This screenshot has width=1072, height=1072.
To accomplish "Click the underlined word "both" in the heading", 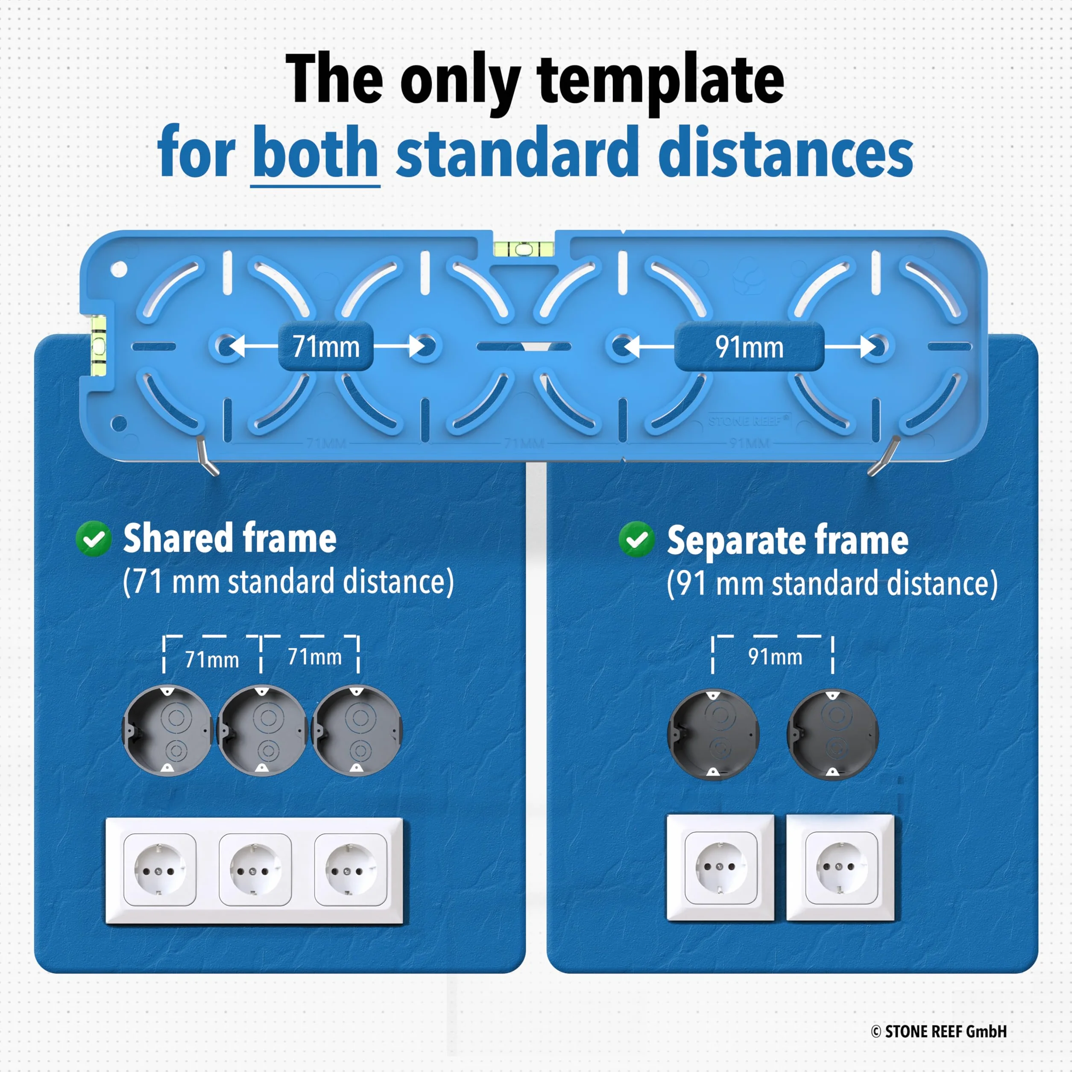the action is [x=315, y=151].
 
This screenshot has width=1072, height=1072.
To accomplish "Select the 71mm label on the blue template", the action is [x=326, y=347].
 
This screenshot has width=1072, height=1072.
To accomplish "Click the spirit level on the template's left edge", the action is [x=98, y=345].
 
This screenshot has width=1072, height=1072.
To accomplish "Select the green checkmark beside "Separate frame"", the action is [x=636, y=539].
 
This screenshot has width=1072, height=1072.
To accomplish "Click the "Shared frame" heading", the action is [x=230, y=538].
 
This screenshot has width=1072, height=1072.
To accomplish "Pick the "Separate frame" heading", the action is [x=788, y=539].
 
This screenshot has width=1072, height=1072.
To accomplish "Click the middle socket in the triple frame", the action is [x=255, y=870].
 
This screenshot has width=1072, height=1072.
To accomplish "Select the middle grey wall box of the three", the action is [x=262, y=730].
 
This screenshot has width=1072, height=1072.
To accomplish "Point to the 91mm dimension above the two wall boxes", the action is [x=775, y=656].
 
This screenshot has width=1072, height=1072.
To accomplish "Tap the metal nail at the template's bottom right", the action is [x=883, y=456].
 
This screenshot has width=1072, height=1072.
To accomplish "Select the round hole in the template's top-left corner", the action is [x=119, y=269].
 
